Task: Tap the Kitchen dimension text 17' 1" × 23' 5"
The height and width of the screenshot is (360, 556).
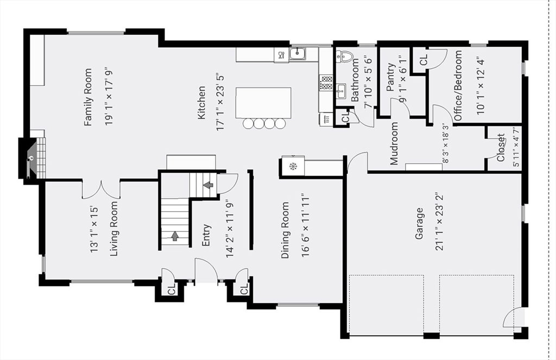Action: (x=220, y=102)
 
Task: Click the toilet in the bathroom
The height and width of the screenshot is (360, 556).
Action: (x=343, y=55)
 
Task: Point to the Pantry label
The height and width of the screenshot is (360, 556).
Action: (x=390, y=77)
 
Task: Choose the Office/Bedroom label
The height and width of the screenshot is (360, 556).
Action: (x=458, y=85)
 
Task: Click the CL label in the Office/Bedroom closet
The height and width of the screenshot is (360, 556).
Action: (x=424, y=60)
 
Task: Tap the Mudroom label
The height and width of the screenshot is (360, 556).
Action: (x=394, y=143)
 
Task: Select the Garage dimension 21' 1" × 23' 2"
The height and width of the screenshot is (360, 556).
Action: (x=440, y=223)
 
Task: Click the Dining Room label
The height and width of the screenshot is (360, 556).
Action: (x=285, y=230)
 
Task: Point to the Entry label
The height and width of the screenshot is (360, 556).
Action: (x=206, y=235)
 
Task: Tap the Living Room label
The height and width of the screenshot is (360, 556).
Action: (x=113, y=229)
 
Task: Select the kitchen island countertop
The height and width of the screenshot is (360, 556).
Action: (x=263, y=103)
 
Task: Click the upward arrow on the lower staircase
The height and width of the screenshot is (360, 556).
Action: (x=174, y=236)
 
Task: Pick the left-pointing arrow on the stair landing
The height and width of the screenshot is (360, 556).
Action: (x=209, y=185)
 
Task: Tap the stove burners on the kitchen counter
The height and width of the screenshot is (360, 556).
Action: (x=326, y=83)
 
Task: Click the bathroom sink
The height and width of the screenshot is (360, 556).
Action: (x=341, y=91)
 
